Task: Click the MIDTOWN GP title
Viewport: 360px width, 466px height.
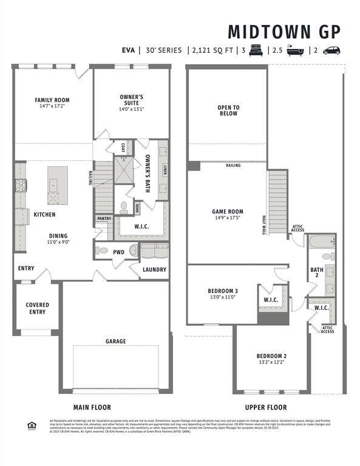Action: (284, 32)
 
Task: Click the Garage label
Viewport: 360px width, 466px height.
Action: (116, 342)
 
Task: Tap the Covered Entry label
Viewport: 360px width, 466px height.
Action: (37, 308)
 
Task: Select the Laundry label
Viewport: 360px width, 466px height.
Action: (154, 269)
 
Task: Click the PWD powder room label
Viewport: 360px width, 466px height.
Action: (118, 251)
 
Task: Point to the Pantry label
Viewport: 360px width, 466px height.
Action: (104, 218)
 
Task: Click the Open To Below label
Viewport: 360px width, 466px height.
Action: (228, 110)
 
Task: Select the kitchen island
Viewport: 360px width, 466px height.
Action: (58, 186)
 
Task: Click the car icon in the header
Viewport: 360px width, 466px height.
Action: (331, 50)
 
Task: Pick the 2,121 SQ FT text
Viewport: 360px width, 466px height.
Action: (212, 50)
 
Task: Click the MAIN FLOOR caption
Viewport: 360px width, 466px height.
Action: (92, 407)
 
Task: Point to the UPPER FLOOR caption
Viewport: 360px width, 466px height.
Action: (266, 407)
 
